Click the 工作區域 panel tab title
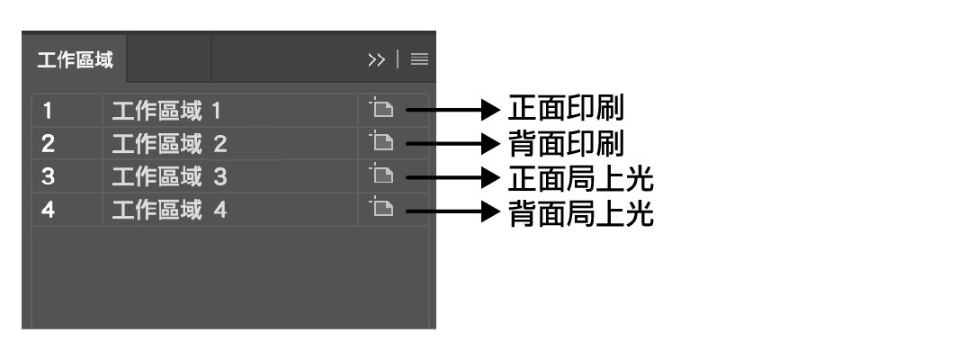76,60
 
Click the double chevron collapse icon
376,60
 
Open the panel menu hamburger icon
419,60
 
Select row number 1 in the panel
47,112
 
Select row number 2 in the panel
48,144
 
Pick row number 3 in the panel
48,177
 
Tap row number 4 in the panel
48,211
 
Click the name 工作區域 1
166,112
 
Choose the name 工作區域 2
169,144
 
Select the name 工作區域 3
169,177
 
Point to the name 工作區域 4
169,211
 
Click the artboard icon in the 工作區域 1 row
381,109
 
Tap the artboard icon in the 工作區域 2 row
381,142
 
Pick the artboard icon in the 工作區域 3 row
381,175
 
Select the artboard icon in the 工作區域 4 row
381,208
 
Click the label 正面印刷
566,109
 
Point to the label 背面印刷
566,144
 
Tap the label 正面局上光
580,178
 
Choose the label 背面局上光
580,213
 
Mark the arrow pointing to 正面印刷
453,110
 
